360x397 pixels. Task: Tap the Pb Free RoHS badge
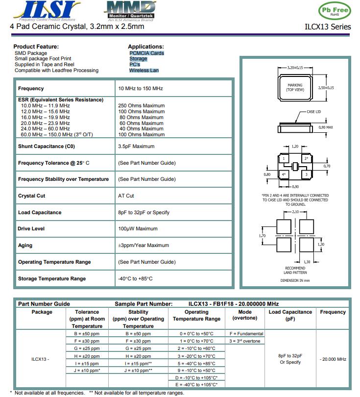tap(335, 11)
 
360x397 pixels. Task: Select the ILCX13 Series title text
tap(328, 27)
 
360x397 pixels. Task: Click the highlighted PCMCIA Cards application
tap(146, 53)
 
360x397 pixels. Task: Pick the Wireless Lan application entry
tap(144, 70)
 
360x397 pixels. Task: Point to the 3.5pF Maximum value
tap(136, 146)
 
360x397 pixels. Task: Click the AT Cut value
tap(126, 196)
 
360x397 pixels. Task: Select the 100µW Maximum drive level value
tap(138, 229)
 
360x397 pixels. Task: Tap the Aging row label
tap(25, 245)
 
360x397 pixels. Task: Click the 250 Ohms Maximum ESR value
tap(141, 105)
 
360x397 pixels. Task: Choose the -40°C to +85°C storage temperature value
tap(136, 278)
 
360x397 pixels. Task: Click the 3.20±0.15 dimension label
tap(295, 68)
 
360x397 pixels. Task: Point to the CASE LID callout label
tap(313, 112)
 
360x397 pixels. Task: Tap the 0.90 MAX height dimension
tap(326, 127)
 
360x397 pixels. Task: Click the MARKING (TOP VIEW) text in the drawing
tap(295, 88)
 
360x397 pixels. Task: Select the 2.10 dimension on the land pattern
tap(295, 212)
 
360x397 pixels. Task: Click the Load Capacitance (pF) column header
tap(290, 315)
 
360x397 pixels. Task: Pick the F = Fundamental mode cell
tap(246, 334)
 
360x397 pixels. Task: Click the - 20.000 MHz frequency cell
tap(333, 359)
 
